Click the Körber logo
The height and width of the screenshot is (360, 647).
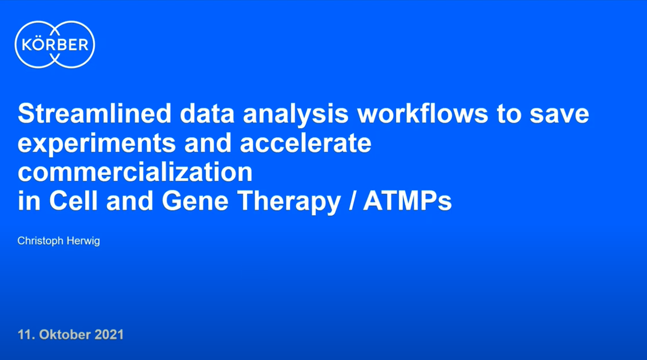55,45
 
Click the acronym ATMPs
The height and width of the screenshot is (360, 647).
407,201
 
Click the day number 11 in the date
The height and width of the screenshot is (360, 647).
24,335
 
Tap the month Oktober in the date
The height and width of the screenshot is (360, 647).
61,335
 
